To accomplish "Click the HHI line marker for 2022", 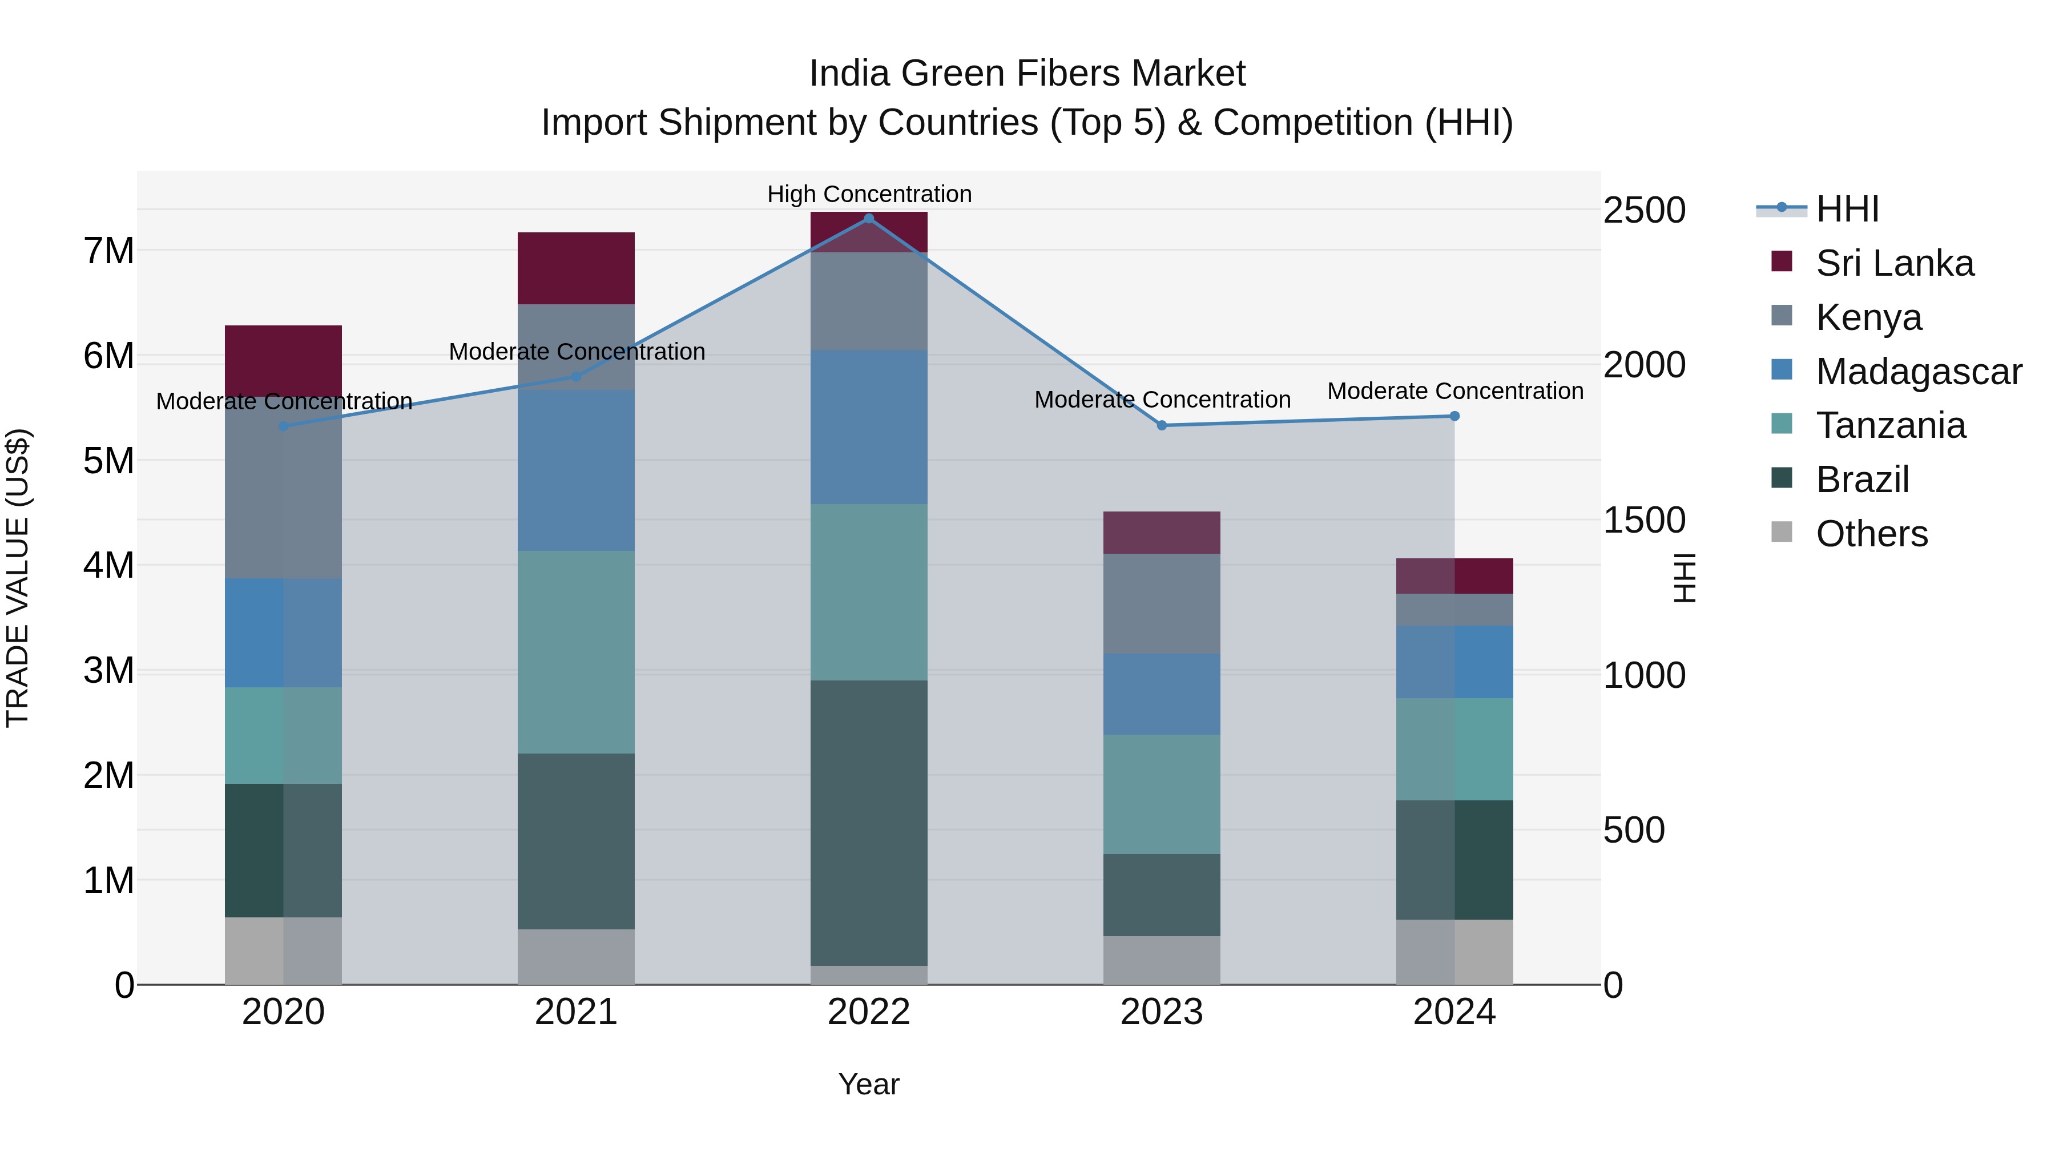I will (x=869, y=219).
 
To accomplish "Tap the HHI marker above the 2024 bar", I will (x=1454, y=416).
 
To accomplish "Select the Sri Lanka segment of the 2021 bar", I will (x=576, y=268).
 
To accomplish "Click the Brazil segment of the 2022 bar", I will (x=869, y=821).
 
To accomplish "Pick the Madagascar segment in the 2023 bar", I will (x=1162, y=693).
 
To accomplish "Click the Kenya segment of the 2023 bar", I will (x=1162, y=603).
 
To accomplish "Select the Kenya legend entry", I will (x=1868, y=317).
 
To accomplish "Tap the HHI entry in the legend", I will (x=1847, y=209).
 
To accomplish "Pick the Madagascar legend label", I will (x=1919, y=371).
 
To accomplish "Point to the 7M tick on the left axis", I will (x=108, y=251).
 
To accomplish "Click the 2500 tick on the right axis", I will (x=1644, y=211).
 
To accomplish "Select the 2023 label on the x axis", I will (x=1162, y=1012).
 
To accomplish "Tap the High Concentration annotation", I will (x=869, y=194).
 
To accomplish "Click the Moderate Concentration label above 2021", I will (x=576, y=351).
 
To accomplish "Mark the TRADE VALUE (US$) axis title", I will (x=18, y=578).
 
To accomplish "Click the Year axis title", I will (x=869, y=1084).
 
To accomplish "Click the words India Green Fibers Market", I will (x=1027, y=74).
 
